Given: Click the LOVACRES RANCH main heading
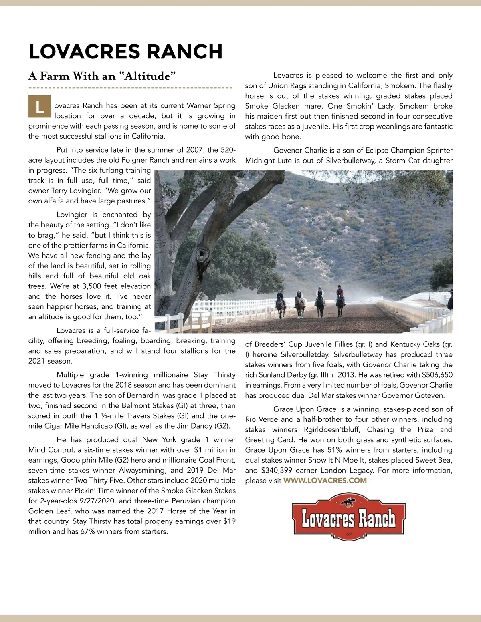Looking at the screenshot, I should click(x=125, y=52).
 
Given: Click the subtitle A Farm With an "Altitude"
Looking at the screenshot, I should click(x=102, y=76).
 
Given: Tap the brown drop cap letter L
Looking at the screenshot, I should click(x=39, y=107).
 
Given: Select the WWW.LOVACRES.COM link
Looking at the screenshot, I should click(x=325, y=480).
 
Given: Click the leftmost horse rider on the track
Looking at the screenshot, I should click(x=281, y=304).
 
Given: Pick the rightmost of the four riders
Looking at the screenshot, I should click(x=340, y=300).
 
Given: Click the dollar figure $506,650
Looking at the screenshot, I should click(x=437, y=375).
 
